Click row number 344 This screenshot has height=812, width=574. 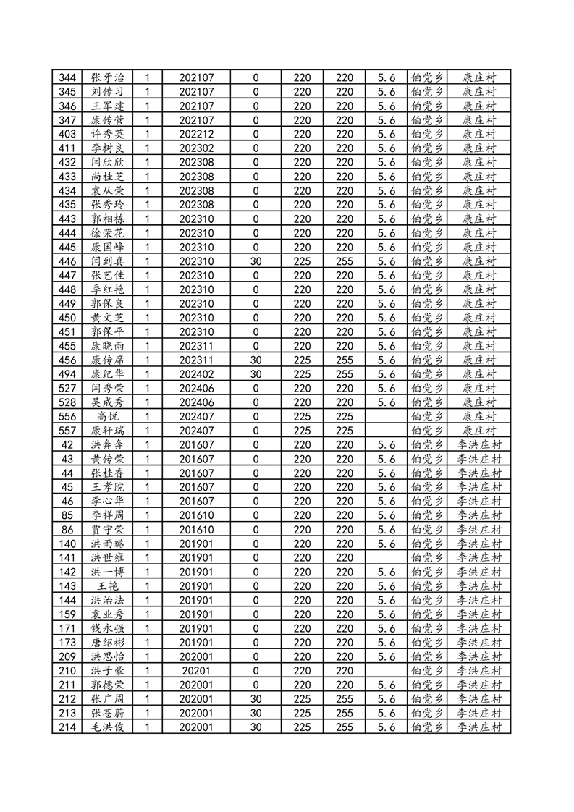[67, 77]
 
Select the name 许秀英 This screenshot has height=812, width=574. [107, 134]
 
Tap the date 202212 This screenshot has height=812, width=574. [196, 134]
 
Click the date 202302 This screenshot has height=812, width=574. [196, 148]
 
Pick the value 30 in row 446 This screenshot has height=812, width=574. [256, 261]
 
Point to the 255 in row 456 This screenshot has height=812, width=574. [345, 360]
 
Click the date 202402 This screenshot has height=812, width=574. [196, 374]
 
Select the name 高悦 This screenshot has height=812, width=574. [107, 416]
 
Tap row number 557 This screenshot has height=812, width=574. [67, 431]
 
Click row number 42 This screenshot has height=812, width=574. [67, 444]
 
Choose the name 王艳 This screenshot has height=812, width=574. [107, 585]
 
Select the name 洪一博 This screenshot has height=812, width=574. [107, 572]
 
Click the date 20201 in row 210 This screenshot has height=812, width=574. [196, 670]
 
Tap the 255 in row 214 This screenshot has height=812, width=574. [345, 727]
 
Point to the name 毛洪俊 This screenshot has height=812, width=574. [107, 727]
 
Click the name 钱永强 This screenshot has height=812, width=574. [107, 628]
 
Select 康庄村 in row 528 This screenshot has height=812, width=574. [479, 402]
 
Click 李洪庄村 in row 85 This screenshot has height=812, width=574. [479, 515]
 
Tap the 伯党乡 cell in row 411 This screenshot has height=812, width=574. [426, 148]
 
